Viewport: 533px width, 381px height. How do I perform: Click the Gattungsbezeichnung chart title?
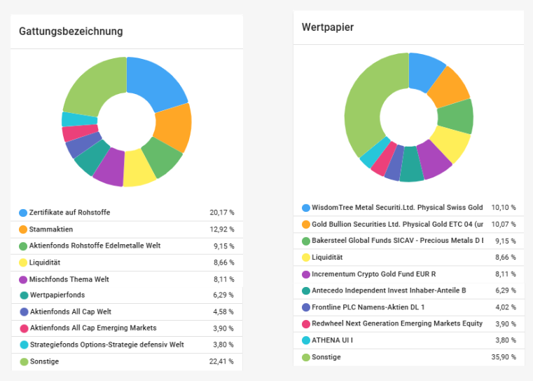[71, 31]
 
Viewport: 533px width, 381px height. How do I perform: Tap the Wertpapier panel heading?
[327, 27]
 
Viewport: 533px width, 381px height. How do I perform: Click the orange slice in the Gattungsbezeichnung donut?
[172, 128]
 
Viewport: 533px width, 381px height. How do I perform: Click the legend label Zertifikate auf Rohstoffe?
[69, 213]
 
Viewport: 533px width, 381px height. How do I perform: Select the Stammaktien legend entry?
[51, 229]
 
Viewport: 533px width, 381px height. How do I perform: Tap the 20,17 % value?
[221, 213]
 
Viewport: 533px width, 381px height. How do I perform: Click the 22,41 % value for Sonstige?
[221, 361]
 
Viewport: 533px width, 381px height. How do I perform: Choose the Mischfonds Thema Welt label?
[69, 279]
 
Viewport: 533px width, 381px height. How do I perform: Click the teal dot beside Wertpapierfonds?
[23, 295]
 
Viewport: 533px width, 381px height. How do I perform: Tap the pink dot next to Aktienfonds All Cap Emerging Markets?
[23, 328]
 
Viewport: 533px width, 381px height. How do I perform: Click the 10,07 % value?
[504, 225]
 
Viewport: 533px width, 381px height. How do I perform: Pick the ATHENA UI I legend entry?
[333, 340]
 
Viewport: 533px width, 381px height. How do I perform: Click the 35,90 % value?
[504, 357]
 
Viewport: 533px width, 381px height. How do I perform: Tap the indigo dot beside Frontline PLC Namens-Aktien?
[306, 307]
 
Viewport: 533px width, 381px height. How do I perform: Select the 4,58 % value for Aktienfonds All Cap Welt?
[223, 312]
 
